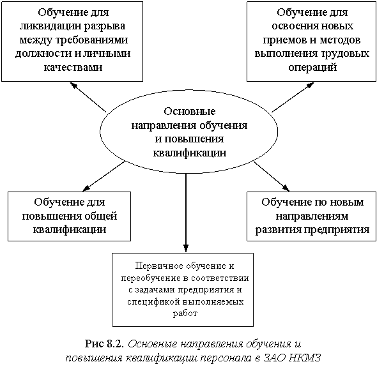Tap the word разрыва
coord(102,26)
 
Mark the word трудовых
coord(344,54)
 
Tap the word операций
coord(311,67)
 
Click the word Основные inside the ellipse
coord(189,112)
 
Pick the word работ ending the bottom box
coord(182,314)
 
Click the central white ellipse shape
coord(189,131)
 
